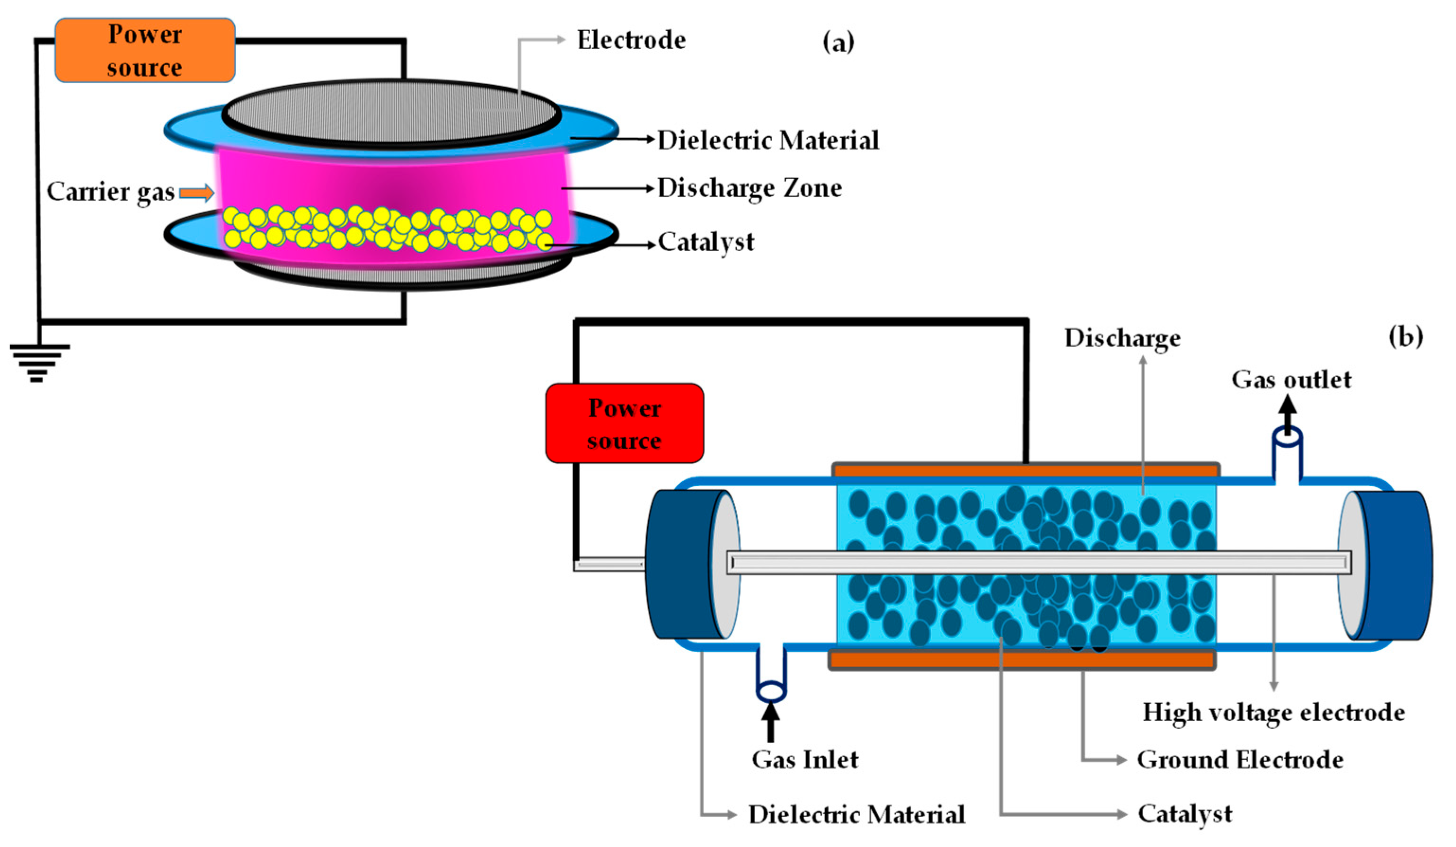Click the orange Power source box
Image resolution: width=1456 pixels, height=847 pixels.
coord(145,50)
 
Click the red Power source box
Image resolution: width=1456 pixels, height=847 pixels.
coord(625,423)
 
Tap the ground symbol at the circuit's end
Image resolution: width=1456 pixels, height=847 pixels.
coord(38,363)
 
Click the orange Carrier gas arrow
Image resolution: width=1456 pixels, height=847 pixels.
coord(196,193)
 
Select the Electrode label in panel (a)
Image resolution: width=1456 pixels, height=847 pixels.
coord(631,40)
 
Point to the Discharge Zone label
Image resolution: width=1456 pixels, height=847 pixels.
coord(750,188)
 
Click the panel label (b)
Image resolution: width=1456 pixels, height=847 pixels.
coord(1405,336)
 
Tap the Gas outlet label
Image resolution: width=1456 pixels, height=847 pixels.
coord(1291,380)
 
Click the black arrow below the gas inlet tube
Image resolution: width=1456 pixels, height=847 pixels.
coord(770,722)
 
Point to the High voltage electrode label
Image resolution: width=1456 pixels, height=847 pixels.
coord(1273,713)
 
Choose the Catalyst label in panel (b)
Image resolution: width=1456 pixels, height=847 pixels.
coord(1184,814)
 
